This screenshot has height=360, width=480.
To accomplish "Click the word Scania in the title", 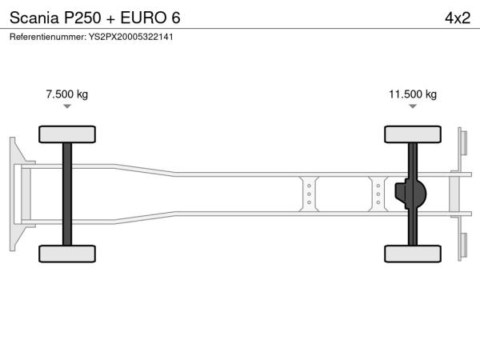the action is [x=34, y=18].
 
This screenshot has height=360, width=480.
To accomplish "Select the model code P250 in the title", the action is [x=82, y=18].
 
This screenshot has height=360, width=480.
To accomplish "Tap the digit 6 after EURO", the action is [x=176, y=18].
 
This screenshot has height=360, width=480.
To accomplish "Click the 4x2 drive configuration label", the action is [x=458, y=18].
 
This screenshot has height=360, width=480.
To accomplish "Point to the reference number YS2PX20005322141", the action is [x=131, y=37].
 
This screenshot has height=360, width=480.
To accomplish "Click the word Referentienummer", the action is [x=48, y=37].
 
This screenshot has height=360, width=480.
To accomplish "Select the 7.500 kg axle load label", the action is [x=67, y=94].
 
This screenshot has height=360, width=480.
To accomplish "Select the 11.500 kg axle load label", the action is [x=413, y=94].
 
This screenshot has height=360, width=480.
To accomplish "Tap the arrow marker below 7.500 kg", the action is [x=67, y=106].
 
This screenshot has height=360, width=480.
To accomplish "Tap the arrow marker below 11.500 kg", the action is [x=413, y=106].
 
